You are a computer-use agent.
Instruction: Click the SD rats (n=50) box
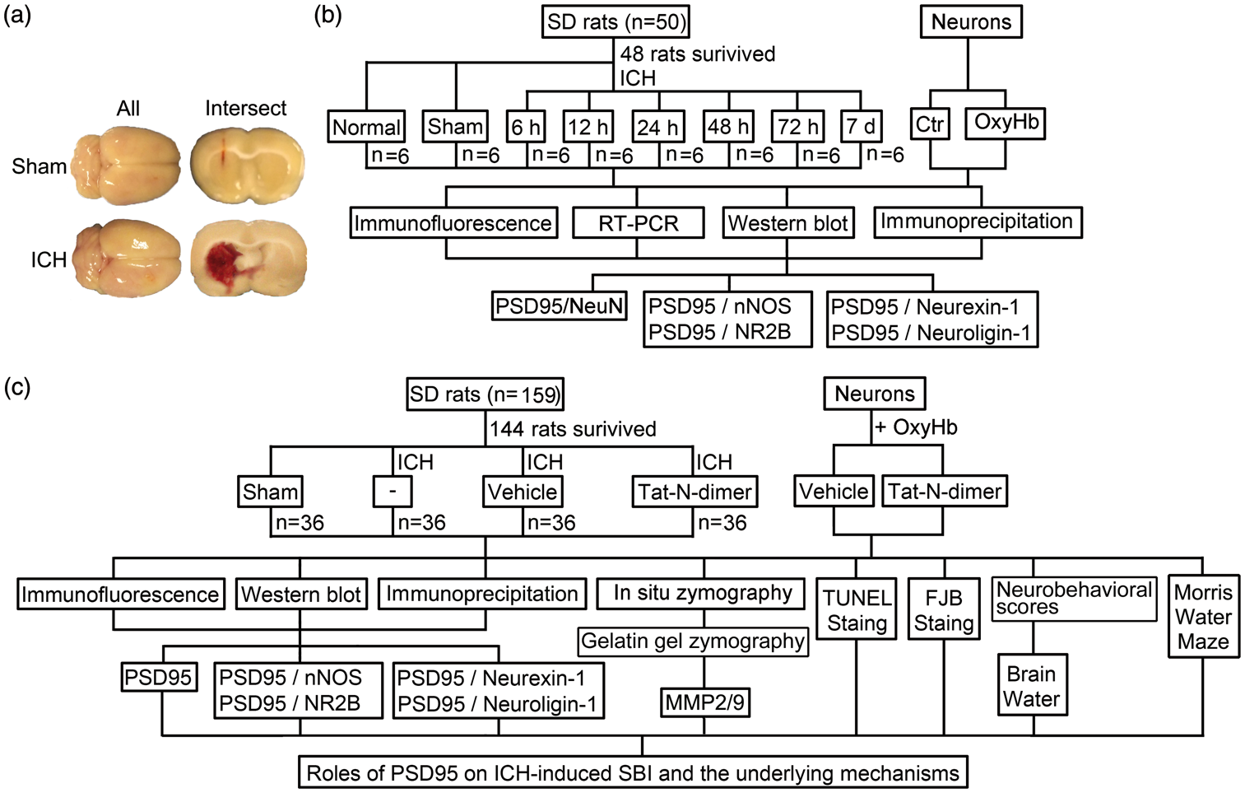coord(616,23)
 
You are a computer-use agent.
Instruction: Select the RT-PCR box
coord(638,223)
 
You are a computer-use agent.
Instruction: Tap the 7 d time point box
coord(861,126)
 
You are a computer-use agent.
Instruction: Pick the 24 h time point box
coord(658,128)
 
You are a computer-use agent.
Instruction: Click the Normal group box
coord(366,127)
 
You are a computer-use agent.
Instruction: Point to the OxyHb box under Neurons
coord(1006,123)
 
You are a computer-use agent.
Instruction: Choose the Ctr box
coord(930,124)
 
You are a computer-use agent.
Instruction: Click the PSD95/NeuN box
coord(559,306)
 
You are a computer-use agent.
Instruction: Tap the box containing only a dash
coord(393,492)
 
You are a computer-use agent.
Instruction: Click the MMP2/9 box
coord(704,703)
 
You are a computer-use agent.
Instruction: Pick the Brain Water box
coord(1032,685)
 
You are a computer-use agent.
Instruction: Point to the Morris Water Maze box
coord(1203,616)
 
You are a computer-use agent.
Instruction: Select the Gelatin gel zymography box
coord(693,641)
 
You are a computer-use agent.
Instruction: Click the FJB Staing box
coord(944,609)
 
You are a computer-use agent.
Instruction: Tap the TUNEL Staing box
coord(856,609)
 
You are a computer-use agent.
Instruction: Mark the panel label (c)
coord(17,387)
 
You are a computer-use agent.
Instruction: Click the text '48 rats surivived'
coord(698,54)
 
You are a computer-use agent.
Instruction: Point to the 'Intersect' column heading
coord(246,108)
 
